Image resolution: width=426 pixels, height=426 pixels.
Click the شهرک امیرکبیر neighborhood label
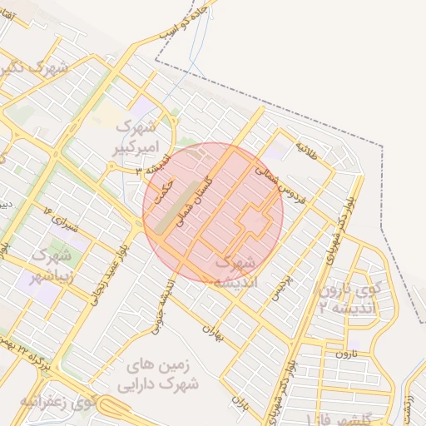coord(136,138)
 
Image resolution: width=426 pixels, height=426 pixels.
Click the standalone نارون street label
coord(344,354)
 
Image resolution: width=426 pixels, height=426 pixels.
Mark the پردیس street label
coord(285,287)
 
